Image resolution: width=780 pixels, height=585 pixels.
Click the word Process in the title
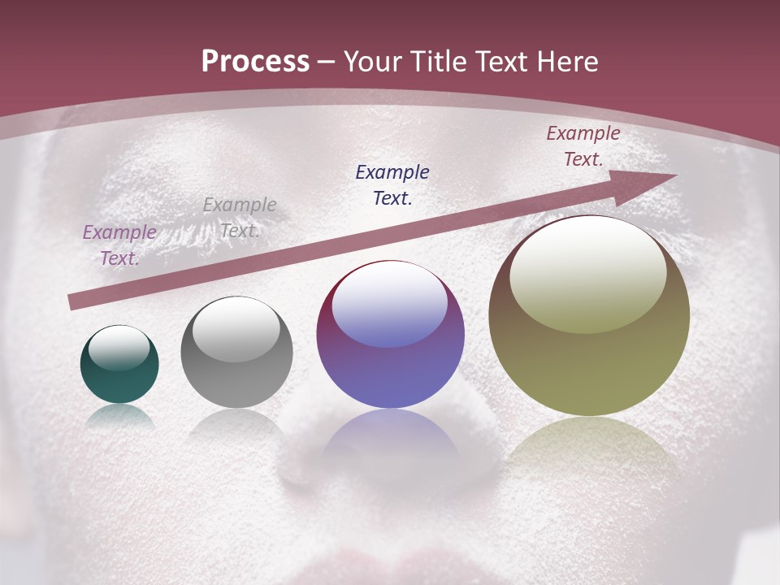[255, 62]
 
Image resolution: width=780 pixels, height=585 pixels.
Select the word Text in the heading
[501, 62]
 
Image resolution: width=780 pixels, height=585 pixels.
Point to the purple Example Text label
[119, 245]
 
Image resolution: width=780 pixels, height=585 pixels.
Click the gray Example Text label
[239, 217]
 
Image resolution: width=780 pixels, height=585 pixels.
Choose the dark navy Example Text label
[392, 184]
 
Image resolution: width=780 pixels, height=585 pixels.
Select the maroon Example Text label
[583, 146]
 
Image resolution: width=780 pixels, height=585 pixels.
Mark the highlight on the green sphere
[119, 349]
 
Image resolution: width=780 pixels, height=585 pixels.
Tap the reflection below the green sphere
[119, 416]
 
